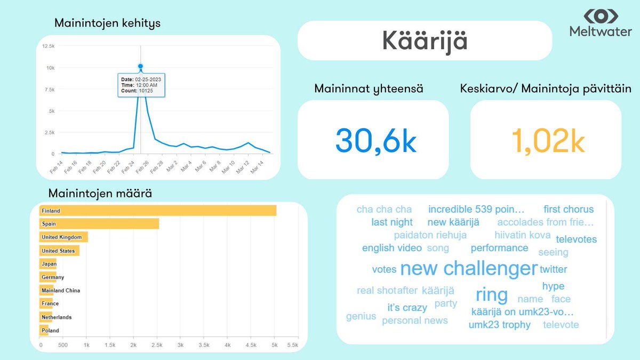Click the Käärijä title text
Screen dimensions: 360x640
point(425,41)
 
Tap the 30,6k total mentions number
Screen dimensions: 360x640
point(375,140)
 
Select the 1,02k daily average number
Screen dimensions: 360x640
point(548,140)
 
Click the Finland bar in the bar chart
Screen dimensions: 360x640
point(158,211)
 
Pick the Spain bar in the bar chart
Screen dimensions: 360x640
point(100,224)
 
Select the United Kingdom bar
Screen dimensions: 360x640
point(64,237)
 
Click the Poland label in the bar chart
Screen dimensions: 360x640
point(50,331)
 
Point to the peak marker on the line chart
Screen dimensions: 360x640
point(140,67)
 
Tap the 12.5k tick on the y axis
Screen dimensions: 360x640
point(48,46)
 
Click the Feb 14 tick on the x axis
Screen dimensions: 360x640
point(55,166)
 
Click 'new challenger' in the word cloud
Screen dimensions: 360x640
point(468,268)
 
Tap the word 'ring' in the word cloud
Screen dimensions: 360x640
point(491,294)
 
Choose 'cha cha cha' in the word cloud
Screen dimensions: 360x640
point(384,209)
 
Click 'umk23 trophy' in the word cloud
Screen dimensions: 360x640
point(499,325)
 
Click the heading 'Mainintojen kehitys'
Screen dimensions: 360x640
point(107,23)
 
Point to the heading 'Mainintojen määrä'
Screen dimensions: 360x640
point(100,194)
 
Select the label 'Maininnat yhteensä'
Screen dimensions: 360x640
point(369,89)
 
